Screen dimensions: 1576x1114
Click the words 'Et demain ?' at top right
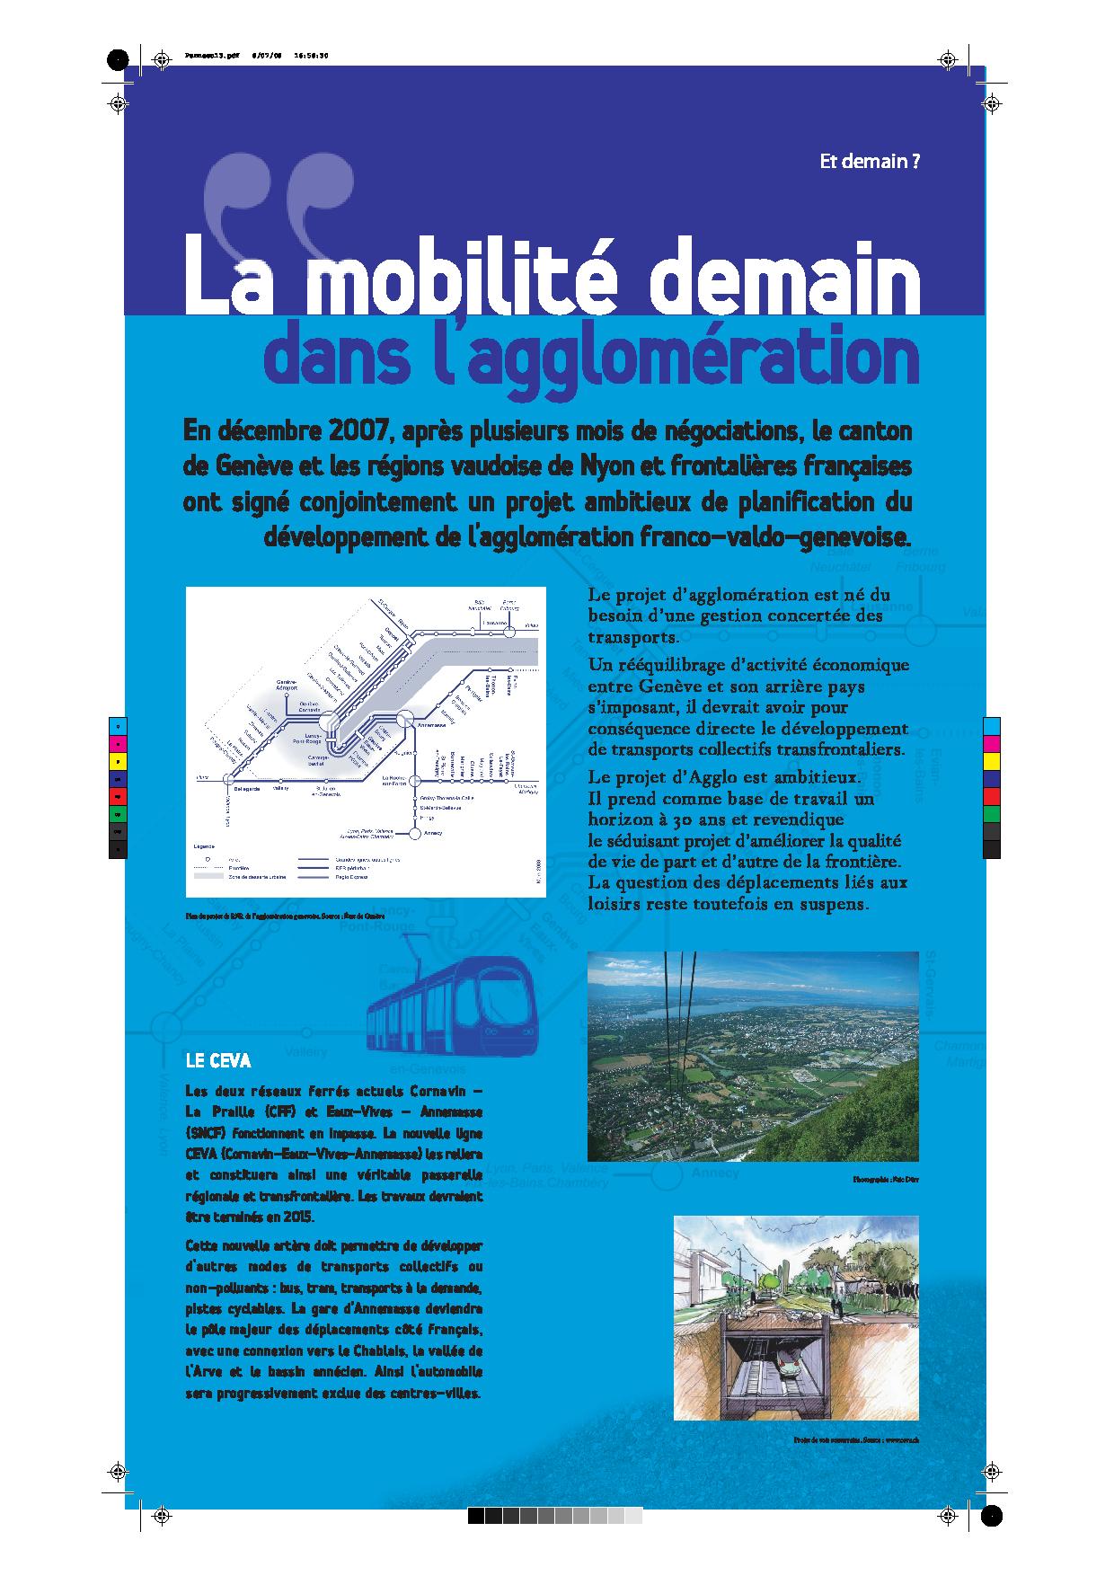pos(870,162)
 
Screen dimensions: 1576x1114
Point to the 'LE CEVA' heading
pos(217,1061)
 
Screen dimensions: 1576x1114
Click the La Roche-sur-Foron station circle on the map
pos(416,781)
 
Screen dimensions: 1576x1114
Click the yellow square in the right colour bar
pos(991,761)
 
